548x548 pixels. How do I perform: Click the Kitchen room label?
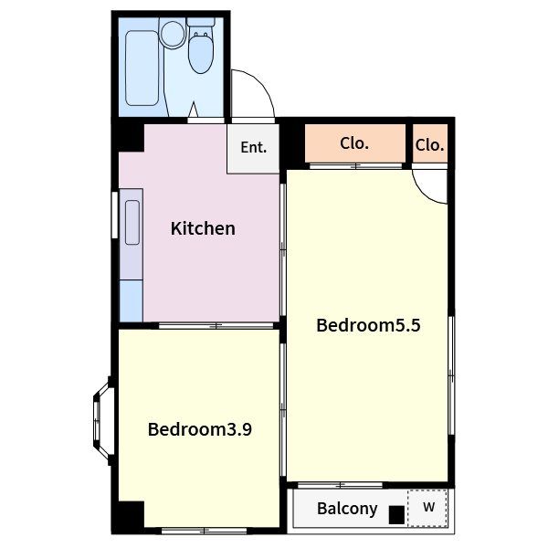click(x=203, y=228)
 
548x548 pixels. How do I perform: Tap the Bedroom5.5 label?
click(x=368, y=325)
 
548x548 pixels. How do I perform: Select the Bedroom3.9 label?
click(x=199, y=429)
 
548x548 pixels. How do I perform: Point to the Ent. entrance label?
click(x=253, y=147)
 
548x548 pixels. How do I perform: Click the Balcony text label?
click(x=347, y=509)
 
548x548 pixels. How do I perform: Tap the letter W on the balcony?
click(x=428, y=507)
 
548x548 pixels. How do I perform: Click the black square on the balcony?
click(x=396, y=514)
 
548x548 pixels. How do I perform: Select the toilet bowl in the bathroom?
click(x=201, y=54)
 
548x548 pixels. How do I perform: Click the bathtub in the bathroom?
click(x=142, y=68)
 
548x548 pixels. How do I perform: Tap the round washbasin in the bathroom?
click(x=173, y=34)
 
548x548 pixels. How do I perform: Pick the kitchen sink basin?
click(x=132, y=222)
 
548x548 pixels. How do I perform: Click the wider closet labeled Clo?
click(x=355, y=143)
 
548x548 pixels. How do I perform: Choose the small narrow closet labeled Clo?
click(x=430, y=143)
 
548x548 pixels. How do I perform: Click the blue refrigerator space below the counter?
click(x=131, y=300)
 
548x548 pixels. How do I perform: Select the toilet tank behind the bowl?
click(x=201, y=22)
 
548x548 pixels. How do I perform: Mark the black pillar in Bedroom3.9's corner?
click(x=132, y=514)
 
